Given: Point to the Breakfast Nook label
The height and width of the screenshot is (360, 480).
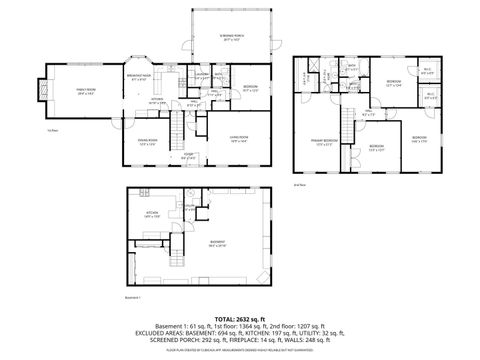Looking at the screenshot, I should pyautogui.click(x=138, y=76).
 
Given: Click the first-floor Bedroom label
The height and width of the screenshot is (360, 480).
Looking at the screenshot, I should pyautogui.click(x=250, y=89).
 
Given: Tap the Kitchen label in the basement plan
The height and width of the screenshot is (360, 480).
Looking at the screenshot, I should pyautogui.click(x=154, y=213).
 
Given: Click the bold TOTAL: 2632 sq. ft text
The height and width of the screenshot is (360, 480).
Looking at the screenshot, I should pyautogui.click(x=239, y=318).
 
